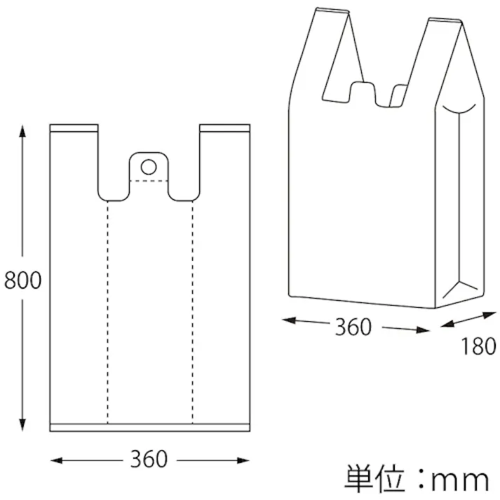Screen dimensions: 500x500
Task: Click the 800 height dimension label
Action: pyautogui.click(x=22, y=280)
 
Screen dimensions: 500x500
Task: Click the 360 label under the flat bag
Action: pyautogui.click(x=149, y=459)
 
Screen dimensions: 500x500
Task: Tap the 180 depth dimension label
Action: pyautogui.click(x=479, y=346)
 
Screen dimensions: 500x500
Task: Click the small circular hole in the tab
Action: pyautogui.click(x=149, y=167)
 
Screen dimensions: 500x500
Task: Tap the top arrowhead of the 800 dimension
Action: pyautogui.click(x=22, y=131)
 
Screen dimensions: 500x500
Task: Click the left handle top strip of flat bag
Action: pyautogui.click(x=74, y=129)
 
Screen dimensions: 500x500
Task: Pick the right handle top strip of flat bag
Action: pyautogui.click(x=224, y=129)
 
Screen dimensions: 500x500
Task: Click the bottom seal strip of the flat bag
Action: pyautogui.click(x=149, y=427)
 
